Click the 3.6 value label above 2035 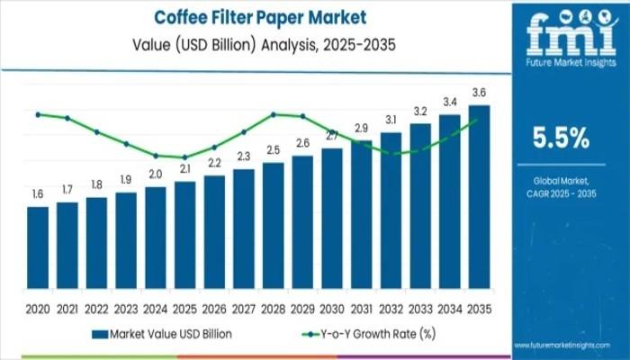[479, 93]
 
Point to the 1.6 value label [38, 194]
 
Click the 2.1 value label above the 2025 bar [184, 169]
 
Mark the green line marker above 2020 [38, 114]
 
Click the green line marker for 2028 [273, 114]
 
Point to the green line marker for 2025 [184, 157]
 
